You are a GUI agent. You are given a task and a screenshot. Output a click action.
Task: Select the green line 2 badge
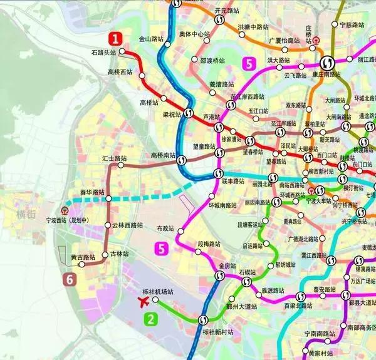click(x=150, y=319)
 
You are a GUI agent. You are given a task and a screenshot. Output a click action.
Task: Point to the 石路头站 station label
click(x=104, y=53)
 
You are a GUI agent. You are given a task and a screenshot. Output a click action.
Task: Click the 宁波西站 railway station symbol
click(x=65, y=210)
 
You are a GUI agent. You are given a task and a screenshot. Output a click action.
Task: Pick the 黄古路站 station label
click(x=83, y=257)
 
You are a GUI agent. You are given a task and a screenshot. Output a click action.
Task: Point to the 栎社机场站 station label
click(x=157, y=292)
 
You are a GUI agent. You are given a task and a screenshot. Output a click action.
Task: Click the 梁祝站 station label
click(x=172, y=115)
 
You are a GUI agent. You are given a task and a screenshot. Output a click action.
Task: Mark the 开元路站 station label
click(x=227, y=11)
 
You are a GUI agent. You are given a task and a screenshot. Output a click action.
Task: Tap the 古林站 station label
click(x=119, y=254)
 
